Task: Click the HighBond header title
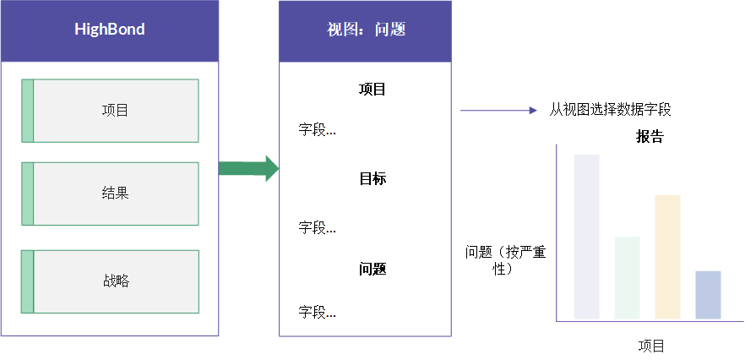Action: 110,30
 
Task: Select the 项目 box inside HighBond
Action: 110,111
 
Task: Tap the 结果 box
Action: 110,194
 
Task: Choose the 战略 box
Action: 110,281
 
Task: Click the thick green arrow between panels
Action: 248,168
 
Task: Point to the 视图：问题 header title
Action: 366,30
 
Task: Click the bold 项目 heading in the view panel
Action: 372,90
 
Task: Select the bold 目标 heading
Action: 372,179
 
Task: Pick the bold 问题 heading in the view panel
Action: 372,270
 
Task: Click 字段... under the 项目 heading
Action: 317,129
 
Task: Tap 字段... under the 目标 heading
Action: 317,227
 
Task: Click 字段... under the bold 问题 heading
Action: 317,312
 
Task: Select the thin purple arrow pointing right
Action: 498,111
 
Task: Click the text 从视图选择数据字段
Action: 610,111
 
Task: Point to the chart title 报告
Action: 650,137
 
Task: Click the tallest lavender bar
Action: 587,237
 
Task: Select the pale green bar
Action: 627,278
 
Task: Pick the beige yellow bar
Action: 667,257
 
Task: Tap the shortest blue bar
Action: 708,295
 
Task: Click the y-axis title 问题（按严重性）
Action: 505,260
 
